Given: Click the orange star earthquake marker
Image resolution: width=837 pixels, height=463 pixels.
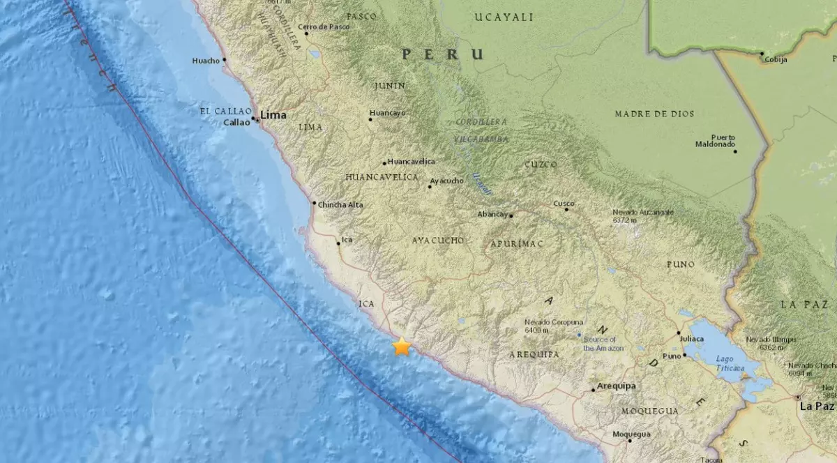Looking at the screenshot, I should click(402, 347).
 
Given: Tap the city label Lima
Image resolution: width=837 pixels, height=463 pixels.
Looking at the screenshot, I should click(273, 115).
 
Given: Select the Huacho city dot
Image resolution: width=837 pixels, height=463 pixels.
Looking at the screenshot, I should click(225, 60).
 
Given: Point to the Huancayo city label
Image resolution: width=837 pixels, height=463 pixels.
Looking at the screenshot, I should click(388, 112).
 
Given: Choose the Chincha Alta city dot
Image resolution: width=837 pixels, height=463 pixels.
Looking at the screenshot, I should click(314, 203).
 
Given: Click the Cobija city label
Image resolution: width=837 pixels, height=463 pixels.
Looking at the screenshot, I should click(776, 60).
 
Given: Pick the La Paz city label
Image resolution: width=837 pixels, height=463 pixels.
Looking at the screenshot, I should click(817, 406).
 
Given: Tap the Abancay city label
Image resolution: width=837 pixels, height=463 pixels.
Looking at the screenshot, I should click(492, 215).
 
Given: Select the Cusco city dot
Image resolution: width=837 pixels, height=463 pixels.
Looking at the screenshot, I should click(566, 208).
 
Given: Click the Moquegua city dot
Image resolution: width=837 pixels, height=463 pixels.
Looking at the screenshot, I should click(629, 440).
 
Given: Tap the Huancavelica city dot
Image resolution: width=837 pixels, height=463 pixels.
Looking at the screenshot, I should click(384, 163).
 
